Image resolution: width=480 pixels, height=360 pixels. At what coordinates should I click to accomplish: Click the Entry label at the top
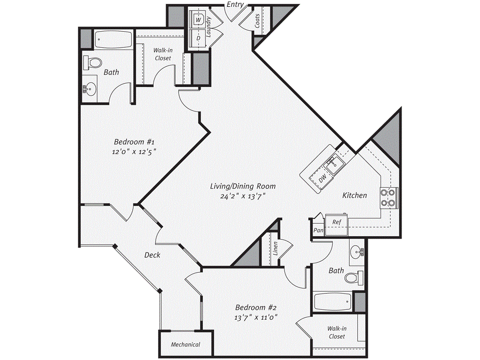[235, 4]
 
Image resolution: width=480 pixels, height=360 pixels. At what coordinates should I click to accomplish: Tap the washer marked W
[198, 20]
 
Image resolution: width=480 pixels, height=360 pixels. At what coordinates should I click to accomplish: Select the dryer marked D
[198, 37]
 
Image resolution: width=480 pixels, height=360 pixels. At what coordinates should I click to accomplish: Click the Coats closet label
[258, 21]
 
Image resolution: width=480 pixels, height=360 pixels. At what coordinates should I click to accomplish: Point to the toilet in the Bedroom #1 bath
[92, 62]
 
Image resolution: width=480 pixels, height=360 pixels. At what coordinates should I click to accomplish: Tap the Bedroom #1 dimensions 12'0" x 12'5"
[134, 151]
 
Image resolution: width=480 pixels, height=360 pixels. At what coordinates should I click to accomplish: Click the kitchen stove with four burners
[389, 197]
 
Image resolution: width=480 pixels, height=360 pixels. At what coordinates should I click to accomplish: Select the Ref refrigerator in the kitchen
[336, 222]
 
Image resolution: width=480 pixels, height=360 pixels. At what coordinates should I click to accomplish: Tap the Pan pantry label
[319, 231]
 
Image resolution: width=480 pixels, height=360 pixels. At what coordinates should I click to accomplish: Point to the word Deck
[152, 255]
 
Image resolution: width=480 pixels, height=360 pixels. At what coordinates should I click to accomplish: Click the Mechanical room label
[185, 345]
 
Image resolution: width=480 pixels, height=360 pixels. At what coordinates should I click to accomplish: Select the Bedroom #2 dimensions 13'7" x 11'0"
[256, 317]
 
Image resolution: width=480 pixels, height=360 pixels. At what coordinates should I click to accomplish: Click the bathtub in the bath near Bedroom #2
[332, 301]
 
